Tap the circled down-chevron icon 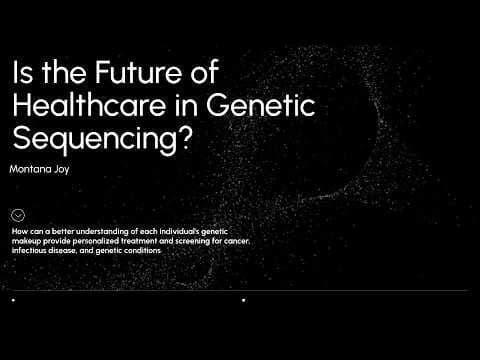pos(18,214)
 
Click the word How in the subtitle pos(21,232)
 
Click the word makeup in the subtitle pos(27,241)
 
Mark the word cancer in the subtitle pos(233,241)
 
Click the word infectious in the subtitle pos(30,250)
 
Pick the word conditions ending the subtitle pos(142,250)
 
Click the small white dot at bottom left pos(12,299)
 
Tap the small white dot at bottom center pos(244,299)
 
